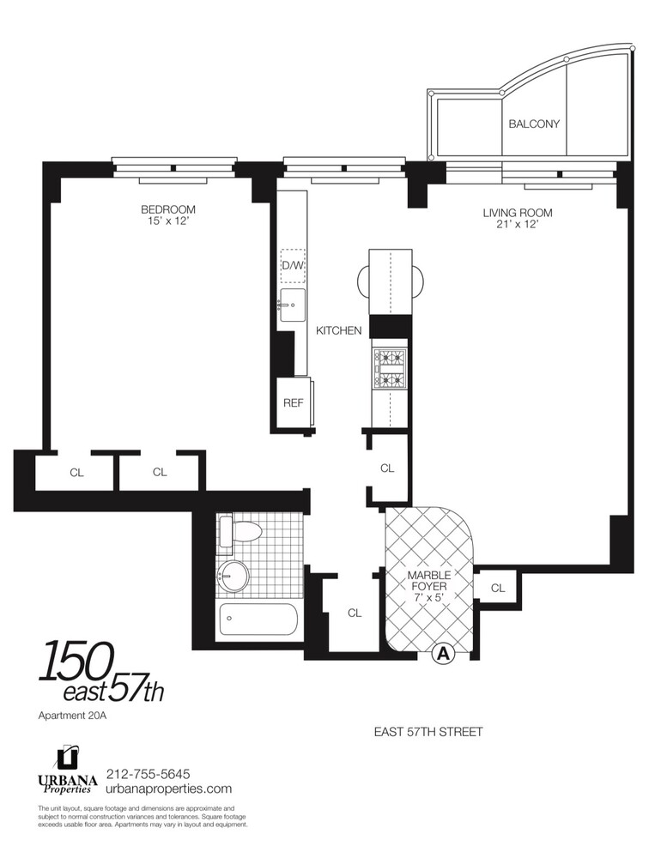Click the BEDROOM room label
pyautogui.click(x=168, y=209)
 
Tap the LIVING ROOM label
pyautogui.click(x=517, y=213)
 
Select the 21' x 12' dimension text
pyautogui.click(x=517, y=226)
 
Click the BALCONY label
pyautogui.click(x=533, y=124)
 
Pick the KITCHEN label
pyautogui.click(x=339, y=330)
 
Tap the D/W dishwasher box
pyautogui.click(x=293, y=265)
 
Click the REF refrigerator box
pyautogui.click(x=294, y=402)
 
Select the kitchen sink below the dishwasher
pyautogui.click(x=292, y=304)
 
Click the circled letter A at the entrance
pyautogui.click(x=443, y=654)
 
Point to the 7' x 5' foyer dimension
pyautogui.click(x=428, y=598)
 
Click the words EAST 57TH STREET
pyautogui.click(x=428, y=732)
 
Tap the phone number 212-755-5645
pyautogui.click(x=147, y=773)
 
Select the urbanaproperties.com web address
pyautogui.click(x=168, y=789)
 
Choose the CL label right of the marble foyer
pyautogui.click(x=498, y=588)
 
